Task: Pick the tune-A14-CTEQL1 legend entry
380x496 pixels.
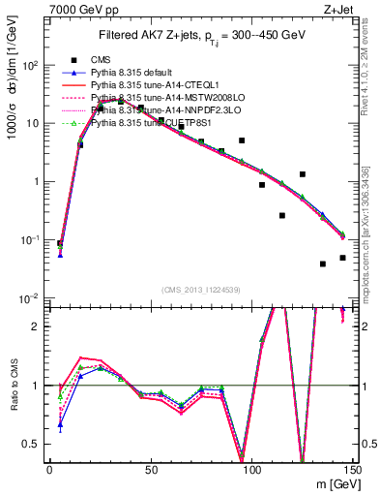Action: [x=155, y=84]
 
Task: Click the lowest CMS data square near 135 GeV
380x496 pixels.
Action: [x=322, y=263]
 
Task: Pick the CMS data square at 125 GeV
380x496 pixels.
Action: [x=303, y=174]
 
